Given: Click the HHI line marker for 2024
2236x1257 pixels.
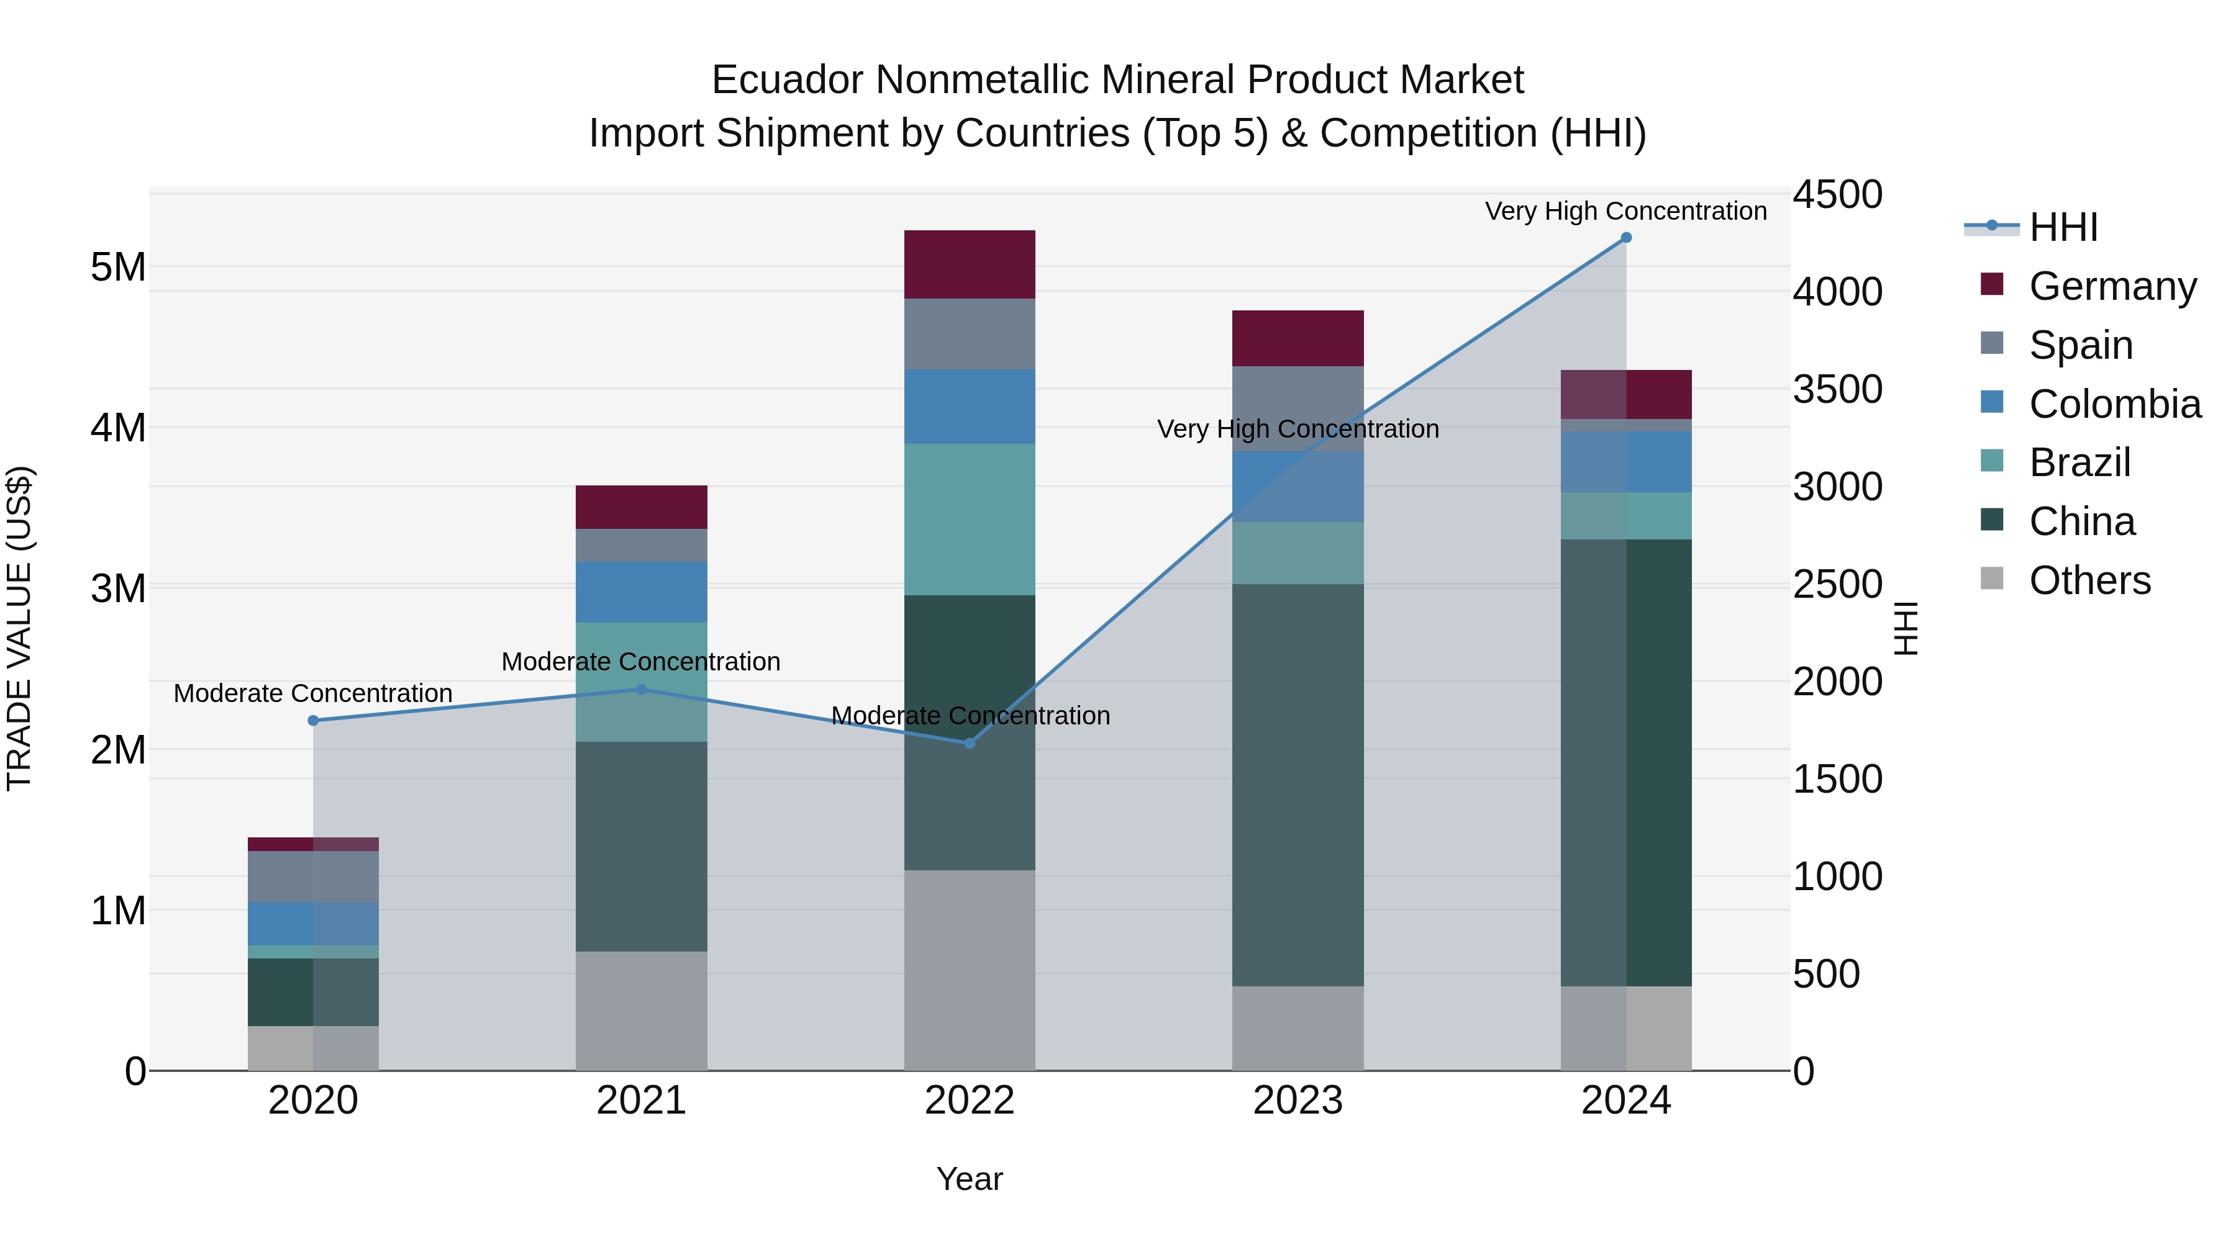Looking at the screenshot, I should coord(1626,238).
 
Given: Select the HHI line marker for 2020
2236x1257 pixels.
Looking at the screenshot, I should coord(314,721).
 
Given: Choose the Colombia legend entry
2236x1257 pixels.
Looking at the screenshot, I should coord(2114,404).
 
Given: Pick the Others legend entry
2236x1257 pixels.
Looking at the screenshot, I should coord(2089,580).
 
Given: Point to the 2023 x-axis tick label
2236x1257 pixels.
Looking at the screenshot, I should coord(1298,1101).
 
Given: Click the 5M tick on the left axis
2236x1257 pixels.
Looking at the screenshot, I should coord(118,267).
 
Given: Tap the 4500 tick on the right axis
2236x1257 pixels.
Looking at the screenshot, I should coord(1837,194).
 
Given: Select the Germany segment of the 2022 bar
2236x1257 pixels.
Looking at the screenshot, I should coord(970,264).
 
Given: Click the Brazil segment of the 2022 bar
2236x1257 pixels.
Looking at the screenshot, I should coord(970,520).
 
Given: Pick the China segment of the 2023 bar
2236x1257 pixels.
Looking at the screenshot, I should coord(1298,785).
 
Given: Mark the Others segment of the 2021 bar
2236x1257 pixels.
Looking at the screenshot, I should coord(642,1011).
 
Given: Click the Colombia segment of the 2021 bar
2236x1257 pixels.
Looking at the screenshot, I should coord(642,593).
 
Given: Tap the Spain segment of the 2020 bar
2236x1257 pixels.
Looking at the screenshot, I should coord(314,876).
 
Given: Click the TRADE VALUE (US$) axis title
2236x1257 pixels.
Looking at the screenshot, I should coord(19,628).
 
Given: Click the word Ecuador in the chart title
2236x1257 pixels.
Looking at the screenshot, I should coord(786,80).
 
